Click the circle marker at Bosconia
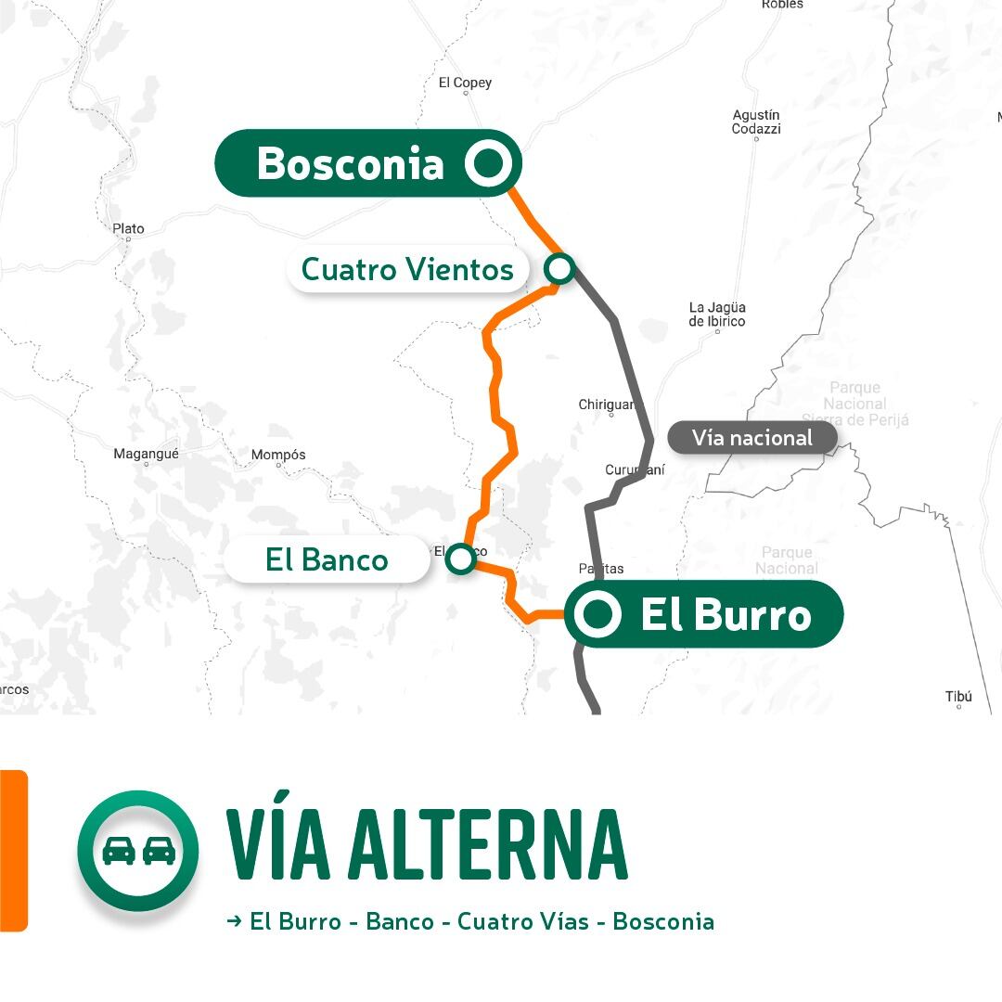(488, 163)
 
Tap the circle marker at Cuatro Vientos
(559, 269)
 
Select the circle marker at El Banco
(460, 559)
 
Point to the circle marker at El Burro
(597, 614)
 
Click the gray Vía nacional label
(751, 438)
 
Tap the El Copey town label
(465, 83)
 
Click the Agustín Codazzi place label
(756, 122)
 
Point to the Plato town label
(128, 228)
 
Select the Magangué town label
(146, 454)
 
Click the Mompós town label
(278, 455)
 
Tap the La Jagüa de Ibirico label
(717, 314)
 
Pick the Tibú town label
(958, 697)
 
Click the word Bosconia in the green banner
(350, 163)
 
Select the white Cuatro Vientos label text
(407, 270)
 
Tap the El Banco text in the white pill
(327, 559)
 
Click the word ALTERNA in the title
(491, 845)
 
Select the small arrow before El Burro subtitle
(234, 921)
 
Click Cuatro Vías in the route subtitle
(523, 921)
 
